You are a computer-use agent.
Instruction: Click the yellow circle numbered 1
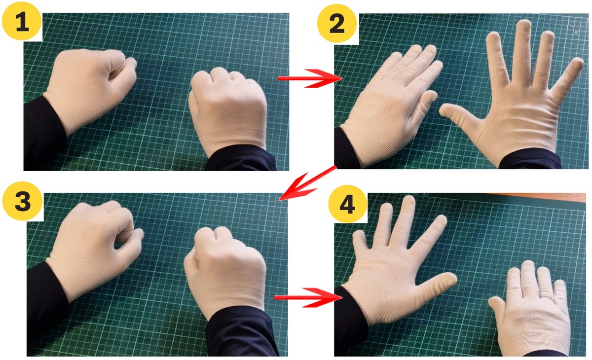(x=22, y=21)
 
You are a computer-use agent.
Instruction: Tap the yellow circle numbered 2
(x=337, y=23)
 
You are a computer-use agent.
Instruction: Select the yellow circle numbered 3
(x=22, y=201)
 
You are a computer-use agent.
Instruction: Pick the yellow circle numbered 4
(x=348, y=204)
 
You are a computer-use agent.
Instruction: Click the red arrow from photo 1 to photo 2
(x=310, y=78)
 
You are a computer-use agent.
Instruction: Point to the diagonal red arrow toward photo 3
(x=307, y=183)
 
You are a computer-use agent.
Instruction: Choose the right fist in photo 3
(x=224, y=272)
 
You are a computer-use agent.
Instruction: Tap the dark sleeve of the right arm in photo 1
(x=241, y=158)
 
